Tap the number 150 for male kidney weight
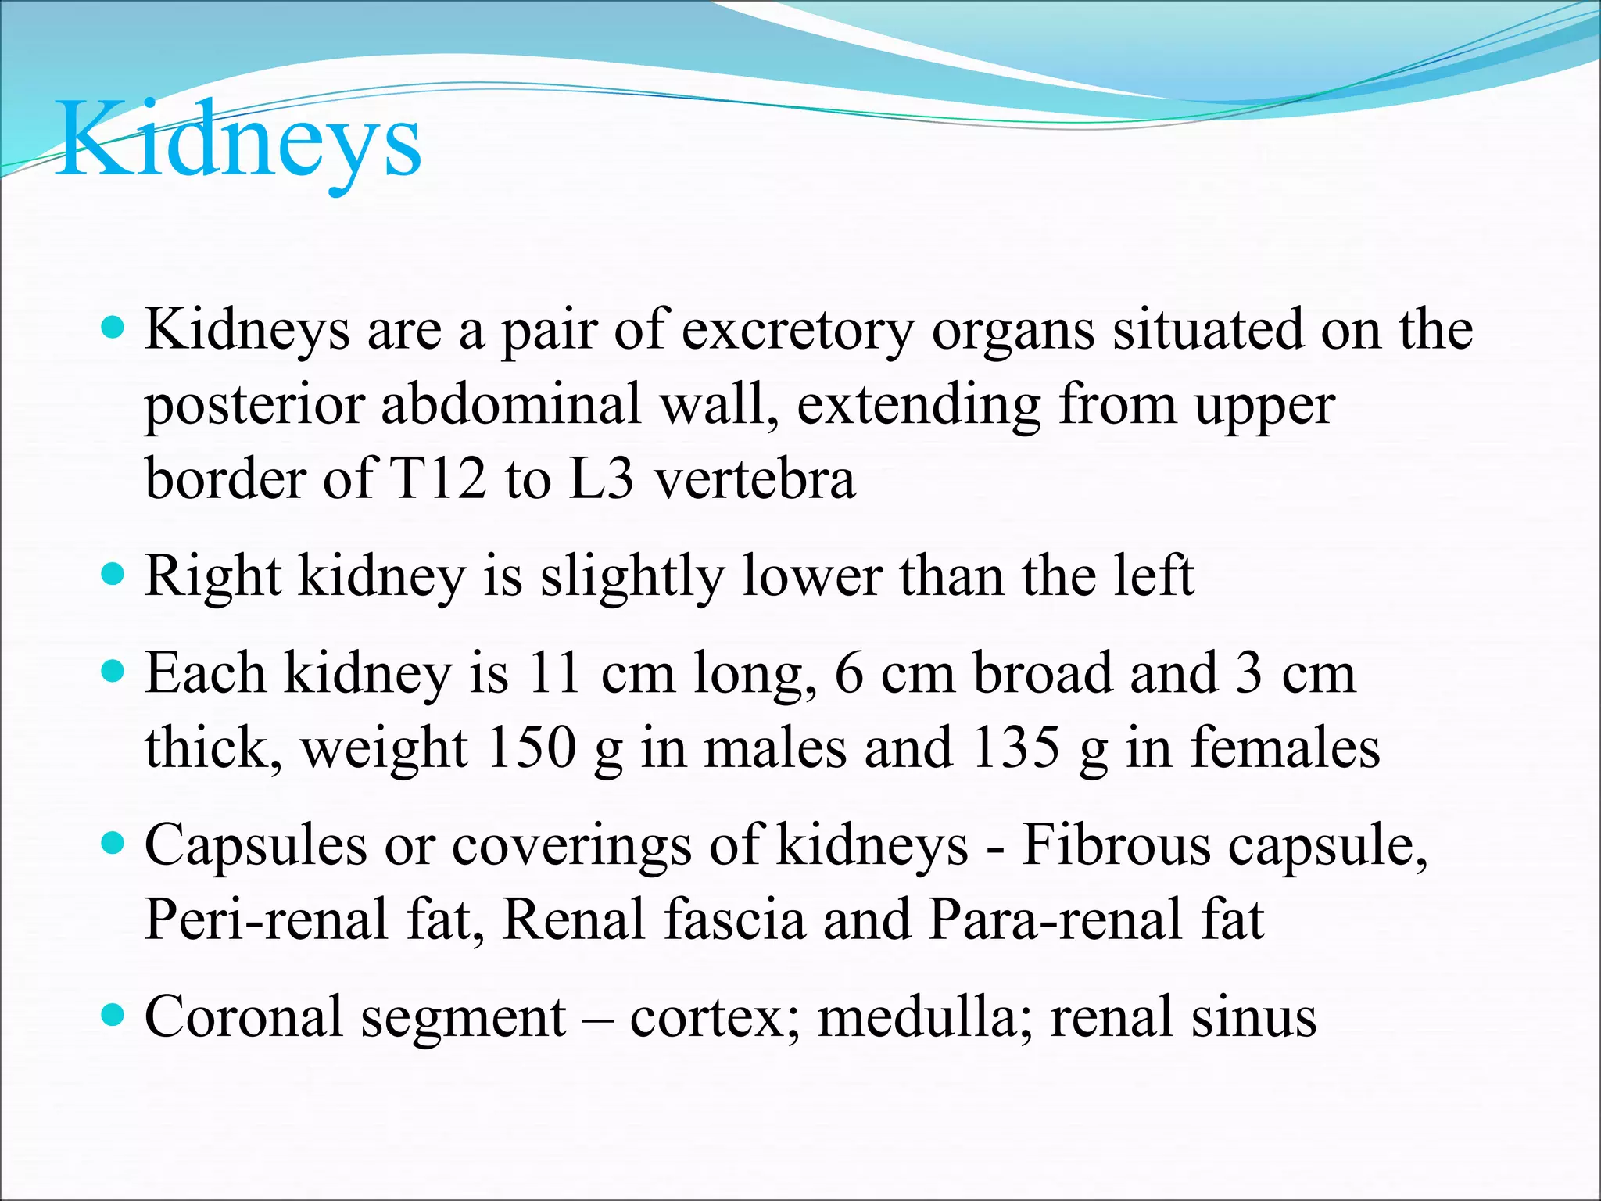[x=531, y=748]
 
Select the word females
[x=1285, y=748]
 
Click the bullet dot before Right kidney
[x=113, y=575]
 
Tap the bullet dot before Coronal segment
[x=113, y=1016]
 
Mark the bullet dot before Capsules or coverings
[x=113, y=844]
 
